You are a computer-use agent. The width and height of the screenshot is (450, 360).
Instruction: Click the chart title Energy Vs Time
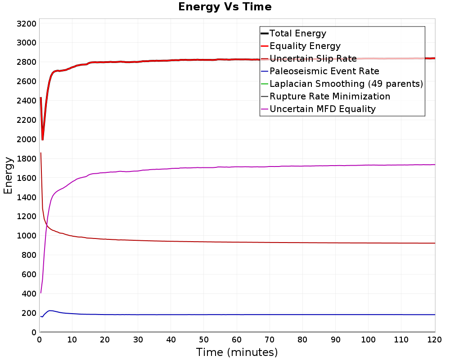pos(225,7)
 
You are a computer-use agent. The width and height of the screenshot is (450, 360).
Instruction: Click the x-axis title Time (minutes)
pos(237,352)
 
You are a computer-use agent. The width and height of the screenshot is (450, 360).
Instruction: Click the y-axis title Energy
pos(8,175)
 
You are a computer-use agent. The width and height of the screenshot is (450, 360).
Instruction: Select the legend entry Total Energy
pos(297,33)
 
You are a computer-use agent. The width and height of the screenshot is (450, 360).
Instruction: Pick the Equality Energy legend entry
pos(305,46)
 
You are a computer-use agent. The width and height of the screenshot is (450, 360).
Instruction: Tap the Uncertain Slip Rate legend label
pos(313,58)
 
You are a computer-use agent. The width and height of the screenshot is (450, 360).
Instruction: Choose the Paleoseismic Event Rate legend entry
pos(324,71)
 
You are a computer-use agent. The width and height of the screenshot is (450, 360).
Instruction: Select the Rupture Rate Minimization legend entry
pos(330,96)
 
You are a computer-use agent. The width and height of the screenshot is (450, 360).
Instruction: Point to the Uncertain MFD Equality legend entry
pos(323,109)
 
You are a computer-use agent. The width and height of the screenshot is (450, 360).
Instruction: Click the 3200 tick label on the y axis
pos(27,23)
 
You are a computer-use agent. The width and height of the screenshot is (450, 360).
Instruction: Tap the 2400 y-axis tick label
pos(27,101)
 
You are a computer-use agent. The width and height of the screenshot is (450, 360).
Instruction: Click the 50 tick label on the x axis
pos(203,340)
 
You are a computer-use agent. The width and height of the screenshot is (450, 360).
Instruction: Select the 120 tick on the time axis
pos(435,340)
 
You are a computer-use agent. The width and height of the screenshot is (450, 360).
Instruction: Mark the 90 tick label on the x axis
pos(335,340)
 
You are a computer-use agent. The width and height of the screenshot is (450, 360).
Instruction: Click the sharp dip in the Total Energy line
pos(42,139)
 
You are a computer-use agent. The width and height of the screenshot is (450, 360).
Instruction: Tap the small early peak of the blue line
pos(50,310)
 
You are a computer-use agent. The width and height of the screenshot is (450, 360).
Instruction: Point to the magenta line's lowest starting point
pos(41,293)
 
